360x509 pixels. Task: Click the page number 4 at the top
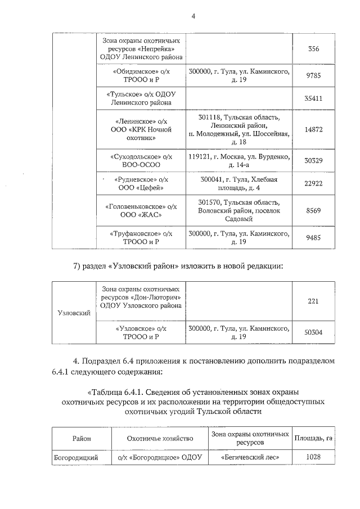[x=193, y=16]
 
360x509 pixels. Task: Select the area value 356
[x=314, y=49]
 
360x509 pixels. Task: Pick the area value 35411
[x=313, y=98]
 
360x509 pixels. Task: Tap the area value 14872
[x=313, y=129]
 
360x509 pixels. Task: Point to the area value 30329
[x=313, y=160]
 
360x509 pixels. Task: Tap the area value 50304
[x=313, y=332]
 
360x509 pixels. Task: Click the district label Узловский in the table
[x=74, y=312]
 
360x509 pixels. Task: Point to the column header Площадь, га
[x=316, y=438]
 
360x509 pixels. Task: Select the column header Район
[x=80, y=438]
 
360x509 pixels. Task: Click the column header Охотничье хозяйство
[x=160, y=438]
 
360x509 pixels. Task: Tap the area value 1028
[x=313, y=457]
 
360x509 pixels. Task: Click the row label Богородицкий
[x=76, y=457]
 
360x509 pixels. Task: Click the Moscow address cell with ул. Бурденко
[x=239, y=160]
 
